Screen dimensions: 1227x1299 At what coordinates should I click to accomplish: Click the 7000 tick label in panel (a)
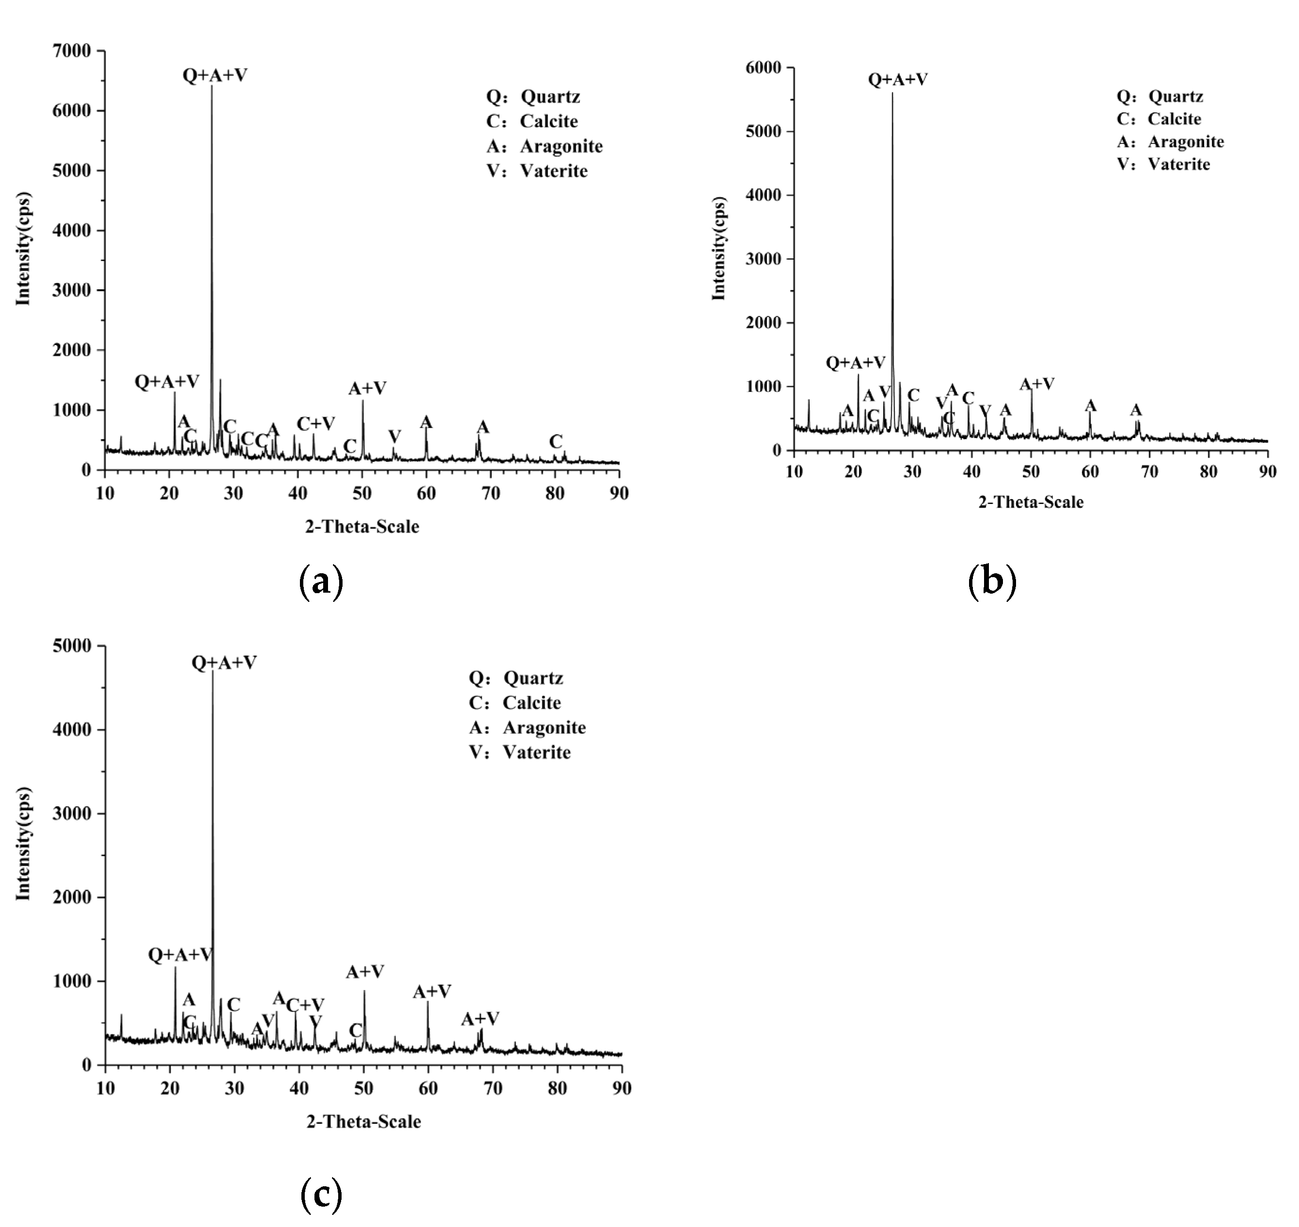click(73, 51)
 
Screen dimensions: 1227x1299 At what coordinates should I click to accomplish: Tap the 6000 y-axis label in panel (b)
click(766, 68)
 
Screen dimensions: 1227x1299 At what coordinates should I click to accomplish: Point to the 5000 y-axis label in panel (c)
click(73, 646)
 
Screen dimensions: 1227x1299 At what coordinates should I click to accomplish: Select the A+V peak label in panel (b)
click(1037, 384)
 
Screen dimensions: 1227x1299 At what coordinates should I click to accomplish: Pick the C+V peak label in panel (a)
click(315, 424)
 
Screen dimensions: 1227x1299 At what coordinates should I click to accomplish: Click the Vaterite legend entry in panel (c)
click(520, 753)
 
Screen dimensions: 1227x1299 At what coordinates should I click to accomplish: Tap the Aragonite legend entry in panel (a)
click(544, 146)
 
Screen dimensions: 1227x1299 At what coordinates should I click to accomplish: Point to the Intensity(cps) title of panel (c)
click(24, 844)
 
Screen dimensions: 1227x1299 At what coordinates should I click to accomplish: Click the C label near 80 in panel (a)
click(555, 442)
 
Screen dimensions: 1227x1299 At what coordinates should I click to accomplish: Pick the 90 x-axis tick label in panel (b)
click(1268, 472)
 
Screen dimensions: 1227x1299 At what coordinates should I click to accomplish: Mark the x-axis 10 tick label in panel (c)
click(105, 1088)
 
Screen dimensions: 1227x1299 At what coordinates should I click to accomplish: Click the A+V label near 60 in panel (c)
click(432, 992)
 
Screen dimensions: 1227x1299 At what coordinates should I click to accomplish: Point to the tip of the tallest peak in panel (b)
click(892, 94)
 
